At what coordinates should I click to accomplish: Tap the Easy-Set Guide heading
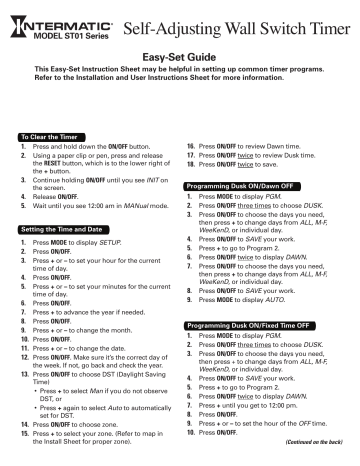180,59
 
